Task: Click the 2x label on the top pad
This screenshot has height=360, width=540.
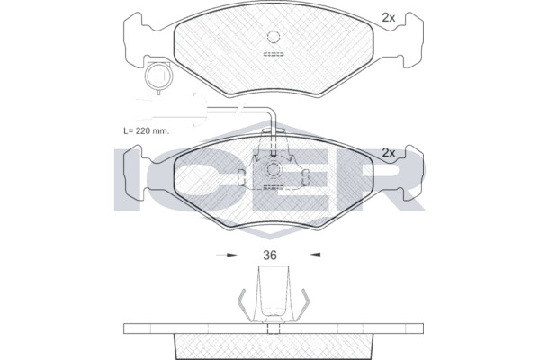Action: [389, 18]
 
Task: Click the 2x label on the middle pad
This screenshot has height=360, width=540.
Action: [389, 153]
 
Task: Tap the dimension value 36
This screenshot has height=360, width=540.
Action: [270, 256]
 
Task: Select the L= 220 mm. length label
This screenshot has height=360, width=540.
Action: [147, 130]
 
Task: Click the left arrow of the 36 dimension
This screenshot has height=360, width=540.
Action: [227, 255]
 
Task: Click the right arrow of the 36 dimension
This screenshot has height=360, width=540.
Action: [315, 255]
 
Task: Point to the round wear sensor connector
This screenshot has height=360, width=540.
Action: [158, 76]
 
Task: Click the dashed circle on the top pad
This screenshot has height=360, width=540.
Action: [273, 37]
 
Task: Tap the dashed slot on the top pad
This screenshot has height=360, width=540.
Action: [274, 54]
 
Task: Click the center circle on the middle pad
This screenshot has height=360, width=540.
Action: [273, 170]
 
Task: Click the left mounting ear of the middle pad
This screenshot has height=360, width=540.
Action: [133, 174]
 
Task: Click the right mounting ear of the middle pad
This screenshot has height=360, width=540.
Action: [413, 174]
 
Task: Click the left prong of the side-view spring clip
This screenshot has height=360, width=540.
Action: [244, 304]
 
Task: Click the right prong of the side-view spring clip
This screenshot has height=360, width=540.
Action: [303, 304]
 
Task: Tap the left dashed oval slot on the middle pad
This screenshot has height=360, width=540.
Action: [241, 177]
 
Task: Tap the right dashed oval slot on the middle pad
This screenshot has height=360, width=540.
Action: [305, 177]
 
